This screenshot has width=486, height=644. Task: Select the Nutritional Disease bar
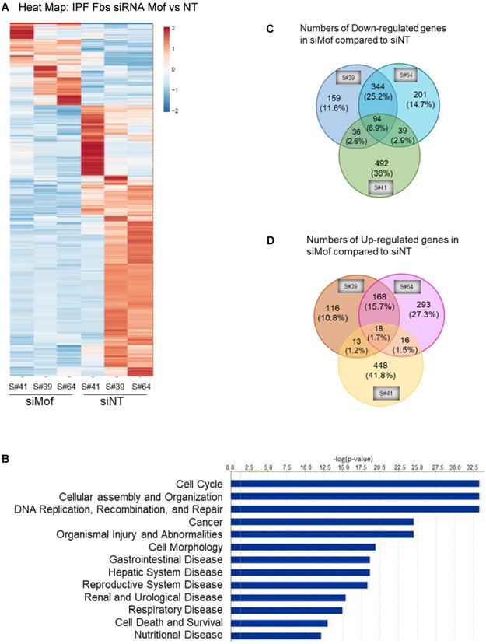click(275, 635)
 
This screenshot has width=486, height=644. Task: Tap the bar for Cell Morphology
click(302, 547)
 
